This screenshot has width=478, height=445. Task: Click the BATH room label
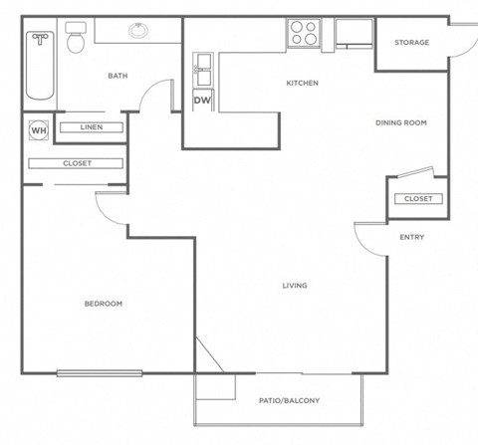(118, 76)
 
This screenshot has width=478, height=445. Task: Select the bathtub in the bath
(40, 64)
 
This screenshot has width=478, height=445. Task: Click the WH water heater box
(39, 129)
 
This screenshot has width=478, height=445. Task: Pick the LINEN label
(91, 127)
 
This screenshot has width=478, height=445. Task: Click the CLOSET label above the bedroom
(77, 163)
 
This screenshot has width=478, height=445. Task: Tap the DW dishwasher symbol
(202, 101)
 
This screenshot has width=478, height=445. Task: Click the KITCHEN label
(302, 84)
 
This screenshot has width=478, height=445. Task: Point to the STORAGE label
(411, 43)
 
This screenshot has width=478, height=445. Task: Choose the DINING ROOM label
(401, 122)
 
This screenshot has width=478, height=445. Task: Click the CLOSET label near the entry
(417, 199)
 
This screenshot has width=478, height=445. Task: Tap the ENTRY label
(411, 237)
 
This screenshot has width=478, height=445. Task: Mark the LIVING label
(294, 286)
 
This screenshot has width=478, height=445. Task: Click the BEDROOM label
(104, 304)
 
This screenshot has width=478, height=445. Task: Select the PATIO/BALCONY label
(289, 400)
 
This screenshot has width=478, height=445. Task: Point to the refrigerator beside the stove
(351, 34)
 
